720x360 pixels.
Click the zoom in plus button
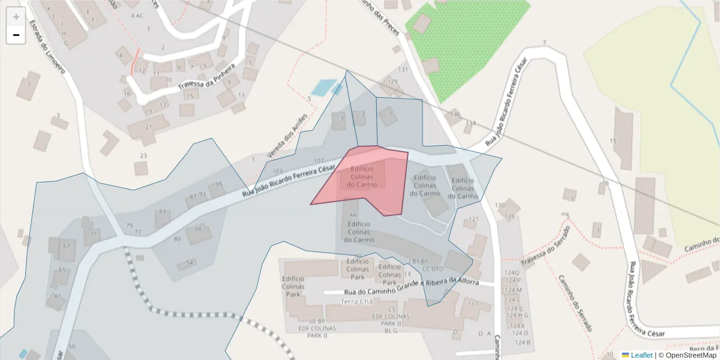tap(16, 17)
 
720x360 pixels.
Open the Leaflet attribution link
tap(641, 355)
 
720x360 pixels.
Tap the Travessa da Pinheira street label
tap(205, 81)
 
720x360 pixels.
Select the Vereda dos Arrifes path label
tap(287, 136)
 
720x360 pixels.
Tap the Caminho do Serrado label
tap(575, 303)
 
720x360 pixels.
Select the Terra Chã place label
tap(357, 301)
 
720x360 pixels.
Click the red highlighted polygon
tap(366, 180)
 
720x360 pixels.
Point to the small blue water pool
tap(324, 88)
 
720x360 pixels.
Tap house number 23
tap(143, 156)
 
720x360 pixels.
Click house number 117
tap(473, 304)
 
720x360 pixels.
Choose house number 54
tap(190, 263)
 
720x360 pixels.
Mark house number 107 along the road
tap(319, 161)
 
